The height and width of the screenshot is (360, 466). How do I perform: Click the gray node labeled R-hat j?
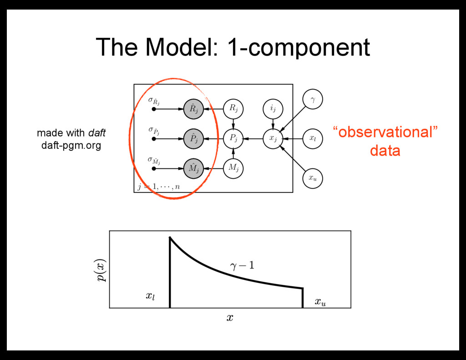tap(193, 109)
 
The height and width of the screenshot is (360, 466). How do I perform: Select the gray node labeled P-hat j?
tap(193, 138)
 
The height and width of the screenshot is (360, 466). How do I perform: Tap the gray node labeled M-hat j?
tap(193, 168)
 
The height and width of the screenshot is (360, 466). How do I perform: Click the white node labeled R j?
tap(233, 109)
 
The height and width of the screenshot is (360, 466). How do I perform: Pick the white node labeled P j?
tap(233, 138)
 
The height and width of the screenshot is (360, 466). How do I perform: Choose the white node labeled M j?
tap(233, 168)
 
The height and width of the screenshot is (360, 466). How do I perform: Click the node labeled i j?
tap(273, 109)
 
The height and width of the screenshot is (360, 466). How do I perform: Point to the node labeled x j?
tap(273, 138)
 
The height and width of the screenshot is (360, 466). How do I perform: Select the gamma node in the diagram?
tap(313, 99)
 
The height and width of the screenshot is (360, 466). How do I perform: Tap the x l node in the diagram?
tap(313, 138)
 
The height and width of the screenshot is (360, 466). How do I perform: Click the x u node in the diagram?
tap(313, 178)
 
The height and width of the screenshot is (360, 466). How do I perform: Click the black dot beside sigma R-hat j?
tap(154, 109)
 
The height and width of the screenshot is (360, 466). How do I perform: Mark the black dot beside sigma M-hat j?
tap(154, 169)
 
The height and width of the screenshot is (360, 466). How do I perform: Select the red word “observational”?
tap(385, 132)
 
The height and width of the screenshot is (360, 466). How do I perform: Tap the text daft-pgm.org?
tap(71, 146)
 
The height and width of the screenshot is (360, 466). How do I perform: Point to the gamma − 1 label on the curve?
tap(242, 265)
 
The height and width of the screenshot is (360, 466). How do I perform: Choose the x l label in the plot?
tap(151, 296)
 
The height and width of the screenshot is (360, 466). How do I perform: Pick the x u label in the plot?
tap(320, 302)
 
